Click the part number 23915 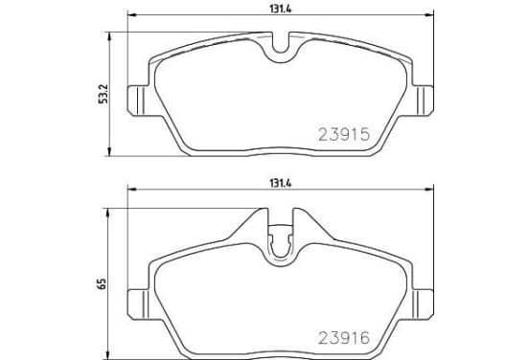344,135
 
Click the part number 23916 344,338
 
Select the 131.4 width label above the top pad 280,10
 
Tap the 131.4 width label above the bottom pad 280,184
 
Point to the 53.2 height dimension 103,94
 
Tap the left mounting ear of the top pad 138,101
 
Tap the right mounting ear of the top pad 423,101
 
